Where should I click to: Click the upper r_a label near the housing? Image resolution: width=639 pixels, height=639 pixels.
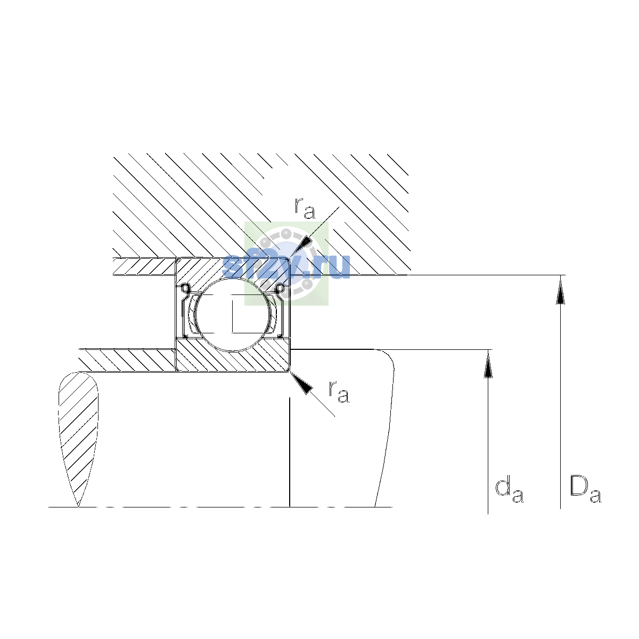[x=305, y=208]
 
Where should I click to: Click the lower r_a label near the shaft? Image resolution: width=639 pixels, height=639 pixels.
[x=339, y=391]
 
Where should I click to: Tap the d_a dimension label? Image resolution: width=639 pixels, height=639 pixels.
[x=509, y=490]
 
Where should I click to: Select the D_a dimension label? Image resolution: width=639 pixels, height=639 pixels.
[x=585, y=489]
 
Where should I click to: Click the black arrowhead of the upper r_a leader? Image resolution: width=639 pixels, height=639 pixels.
[x=301, y=245]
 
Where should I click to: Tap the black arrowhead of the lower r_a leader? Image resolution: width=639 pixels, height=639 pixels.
[x=301, y=383]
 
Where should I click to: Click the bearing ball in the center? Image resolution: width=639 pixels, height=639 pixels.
[x=233, y=314]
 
